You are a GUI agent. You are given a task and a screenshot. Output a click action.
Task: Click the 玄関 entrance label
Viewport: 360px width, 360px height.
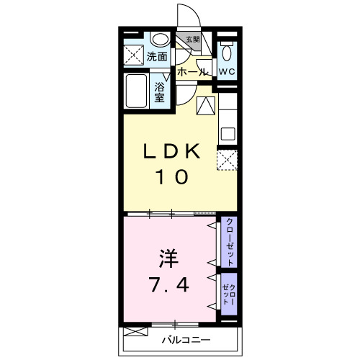pyautogui.click(x=192, y=40)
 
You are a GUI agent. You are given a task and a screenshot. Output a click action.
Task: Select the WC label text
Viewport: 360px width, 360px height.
pyautogui.click(x=227, y=72)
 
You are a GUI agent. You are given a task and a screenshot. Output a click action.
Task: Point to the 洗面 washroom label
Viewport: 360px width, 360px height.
pyautogui.click(x=157, y=56)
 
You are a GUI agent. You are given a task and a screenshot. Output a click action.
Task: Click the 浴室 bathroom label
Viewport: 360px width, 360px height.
pyautogui.click(x=160, y=92)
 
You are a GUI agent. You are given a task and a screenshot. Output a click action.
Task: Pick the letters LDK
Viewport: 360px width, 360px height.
pyautogui.click(x=171, y=152)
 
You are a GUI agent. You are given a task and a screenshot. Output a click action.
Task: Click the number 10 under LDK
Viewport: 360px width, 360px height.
pyautogui.click(x=171, y=176)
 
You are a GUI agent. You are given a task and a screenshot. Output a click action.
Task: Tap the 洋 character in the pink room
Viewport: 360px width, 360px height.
pyautogui.click(x=166, y=258)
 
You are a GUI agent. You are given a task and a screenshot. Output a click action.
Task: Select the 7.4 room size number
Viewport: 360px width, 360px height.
pyautogui.click(x=170, y=286)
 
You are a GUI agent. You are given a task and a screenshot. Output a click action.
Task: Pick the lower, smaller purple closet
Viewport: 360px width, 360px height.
pyautogui.click(x=229, y=294)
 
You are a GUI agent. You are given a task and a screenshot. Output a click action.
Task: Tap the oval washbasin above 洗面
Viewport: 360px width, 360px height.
pyautogui.click(x=161, y=40)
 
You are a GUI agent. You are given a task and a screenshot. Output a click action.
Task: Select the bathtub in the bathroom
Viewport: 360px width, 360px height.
pyautogui.click(x=138, y=91)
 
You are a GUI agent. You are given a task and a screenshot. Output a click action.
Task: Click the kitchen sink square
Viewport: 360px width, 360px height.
pyautogui.click(x=228, y=133)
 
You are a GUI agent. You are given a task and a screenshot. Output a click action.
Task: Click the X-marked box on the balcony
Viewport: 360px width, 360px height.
pyautogui.click(x=134, y=332)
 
